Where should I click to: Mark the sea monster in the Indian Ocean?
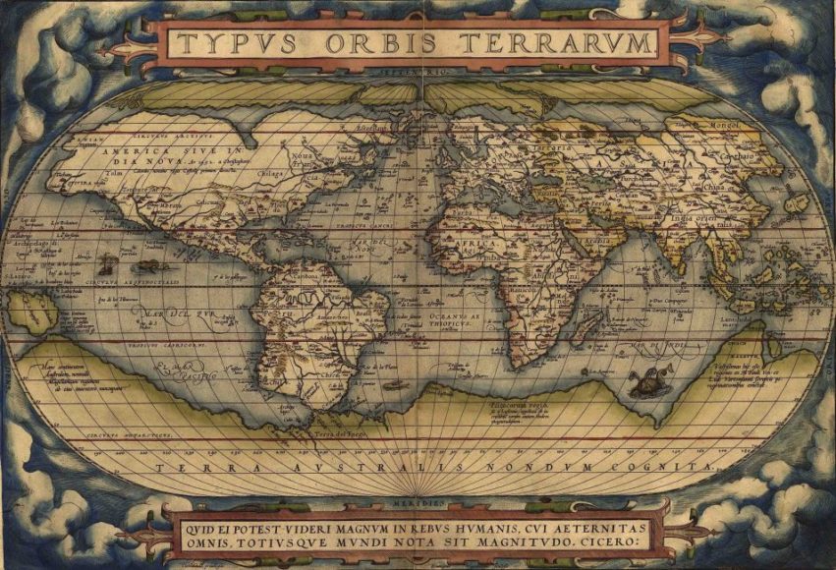646,383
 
